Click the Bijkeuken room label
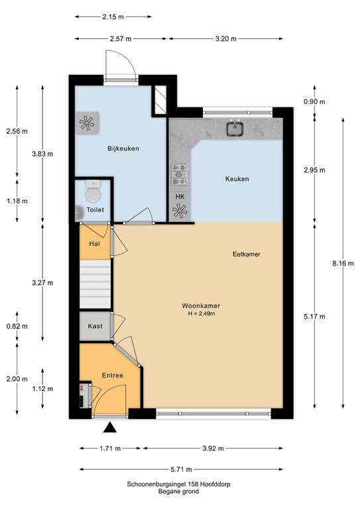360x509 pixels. pos(123,148)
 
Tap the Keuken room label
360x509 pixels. pos(237,179)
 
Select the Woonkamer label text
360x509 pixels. pos(201,306)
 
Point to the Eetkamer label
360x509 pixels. pos(246,254)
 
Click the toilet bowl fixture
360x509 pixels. pos(93,194)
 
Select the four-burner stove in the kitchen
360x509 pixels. pos(180,175)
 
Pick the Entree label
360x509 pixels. pos(112,376)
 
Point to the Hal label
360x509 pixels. pos(94,243)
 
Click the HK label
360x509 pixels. pos(180,197)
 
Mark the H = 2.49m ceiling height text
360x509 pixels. pos(201,313)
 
